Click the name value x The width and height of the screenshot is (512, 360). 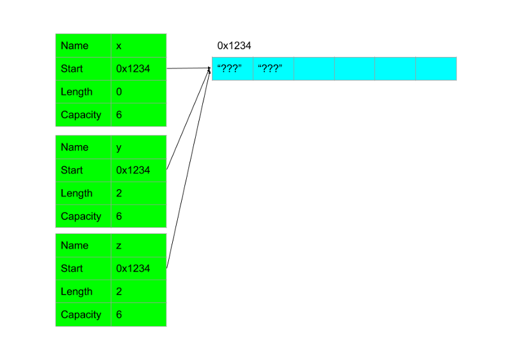point(119,46)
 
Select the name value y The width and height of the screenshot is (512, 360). point(119,148)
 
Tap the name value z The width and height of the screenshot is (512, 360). point(119,246)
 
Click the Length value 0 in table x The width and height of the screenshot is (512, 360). point(119,92)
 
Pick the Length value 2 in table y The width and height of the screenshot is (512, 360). point(119,194)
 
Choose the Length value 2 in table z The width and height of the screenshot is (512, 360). point(119,292)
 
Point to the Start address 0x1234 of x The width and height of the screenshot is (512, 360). point(133,69)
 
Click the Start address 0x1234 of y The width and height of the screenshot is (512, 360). point(133,171)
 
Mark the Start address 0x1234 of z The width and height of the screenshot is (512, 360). point(133,269)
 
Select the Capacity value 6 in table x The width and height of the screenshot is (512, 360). point(119,115)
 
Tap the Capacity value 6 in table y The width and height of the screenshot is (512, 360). point(119,217)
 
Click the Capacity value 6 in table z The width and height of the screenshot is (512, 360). point(119,315)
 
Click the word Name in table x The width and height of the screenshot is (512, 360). point(75,46)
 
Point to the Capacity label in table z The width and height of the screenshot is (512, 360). point(81,315)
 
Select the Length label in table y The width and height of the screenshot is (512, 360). point(77,194)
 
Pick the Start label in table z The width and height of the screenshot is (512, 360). point(72,269)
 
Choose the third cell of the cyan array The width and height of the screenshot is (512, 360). point(314,69)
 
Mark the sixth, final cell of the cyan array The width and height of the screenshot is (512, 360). point(436,69)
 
